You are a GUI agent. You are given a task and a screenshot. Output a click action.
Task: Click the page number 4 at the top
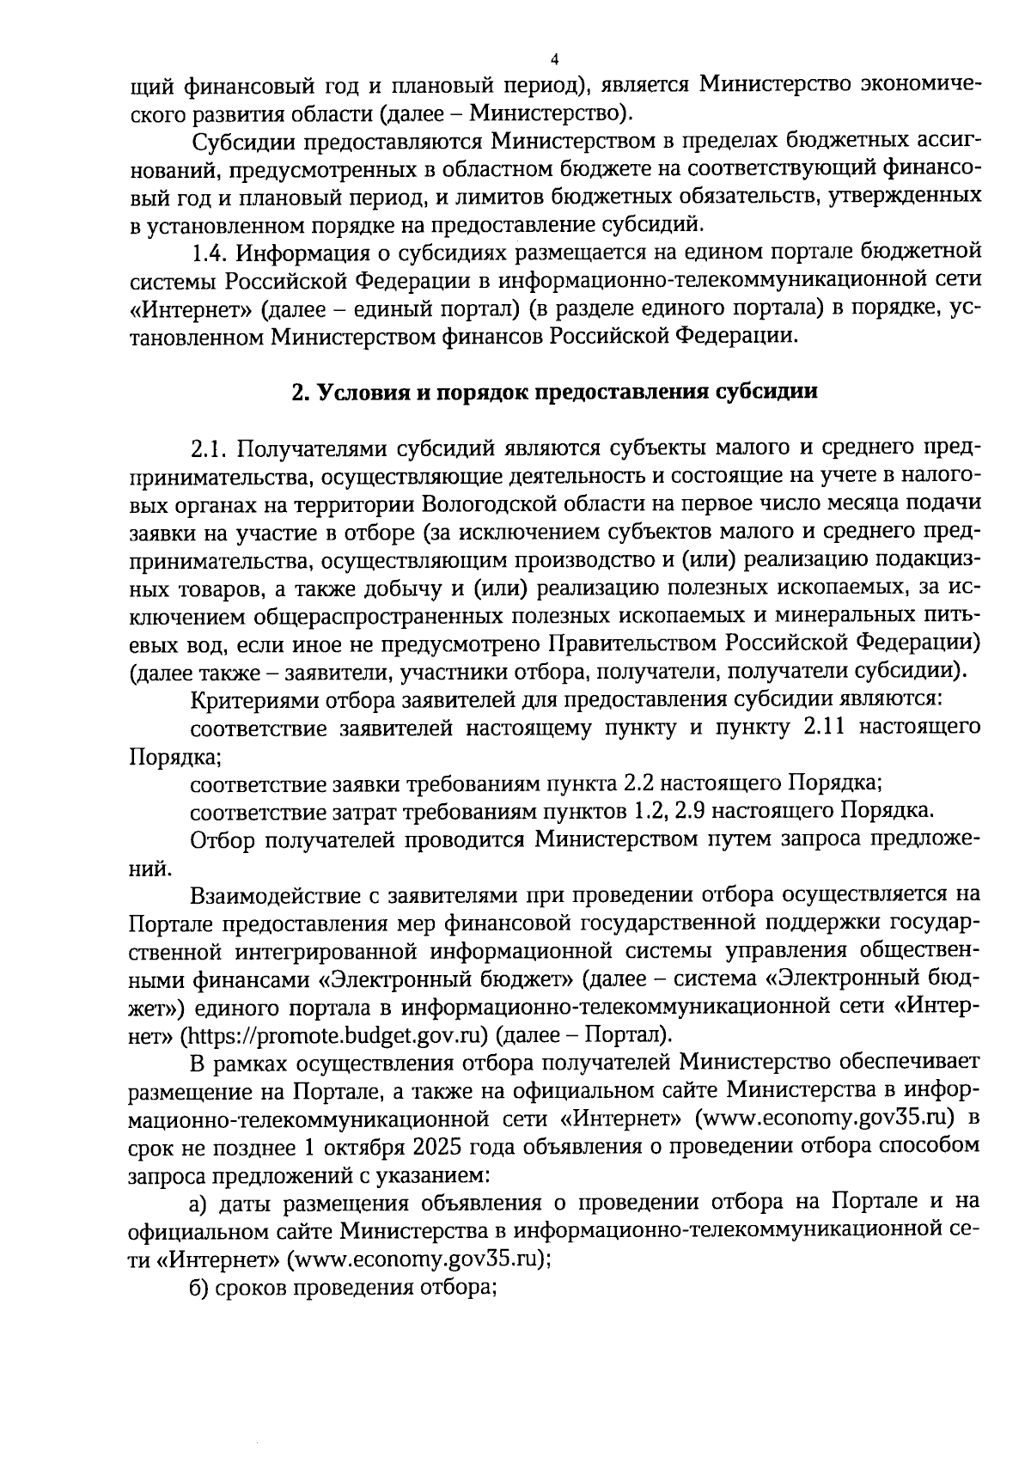(553, 59)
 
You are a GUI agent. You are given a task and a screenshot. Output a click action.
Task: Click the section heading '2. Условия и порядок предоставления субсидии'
(553, 392)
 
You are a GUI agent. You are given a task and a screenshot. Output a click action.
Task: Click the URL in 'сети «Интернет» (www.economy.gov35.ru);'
(418, 1259)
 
